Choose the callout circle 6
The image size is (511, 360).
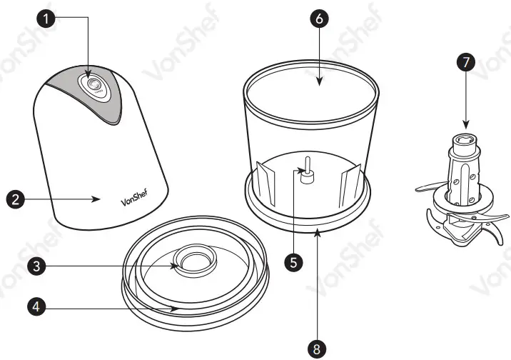point(319,19)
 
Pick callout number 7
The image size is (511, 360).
point(465,61)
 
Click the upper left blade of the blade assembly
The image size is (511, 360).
point(430,186)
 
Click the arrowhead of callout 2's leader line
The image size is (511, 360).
point(98,199)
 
